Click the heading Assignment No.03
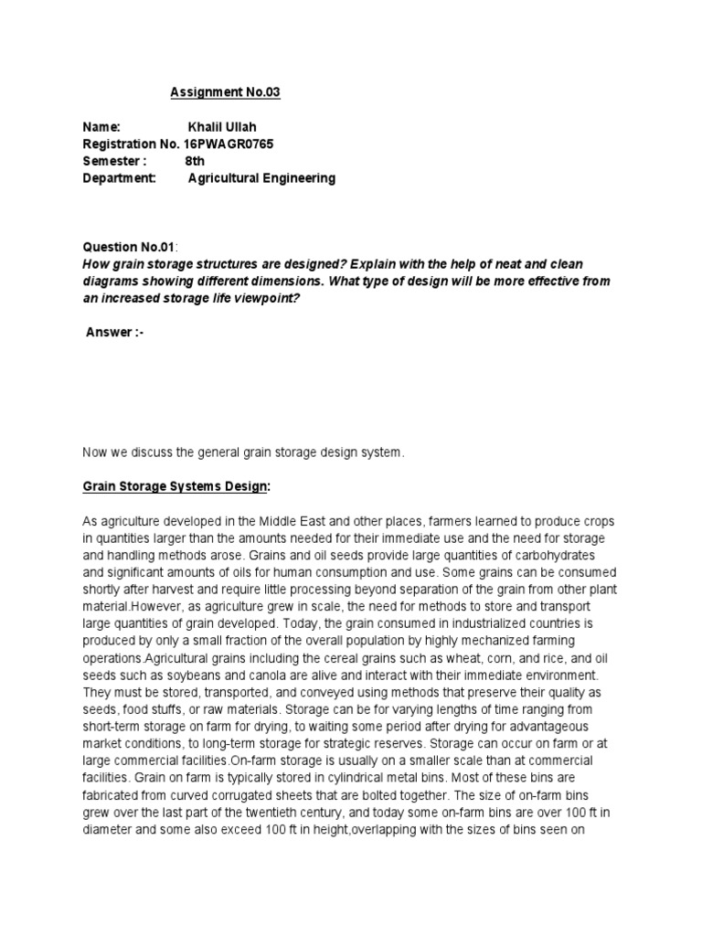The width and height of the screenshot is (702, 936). [219, 92]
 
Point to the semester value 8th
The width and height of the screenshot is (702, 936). [196, 161]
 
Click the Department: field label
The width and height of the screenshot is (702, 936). [120, 178]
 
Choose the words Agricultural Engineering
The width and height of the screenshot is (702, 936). [261, 178]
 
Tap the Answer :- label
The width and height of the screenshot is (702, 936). [114, 333]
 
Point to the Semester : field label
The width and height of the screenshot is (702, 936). [114, 161]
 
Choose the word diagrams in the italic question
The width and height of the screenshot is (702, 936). [113, 282]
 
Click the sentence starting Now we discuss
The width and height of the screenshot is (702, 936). [243, 452]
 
